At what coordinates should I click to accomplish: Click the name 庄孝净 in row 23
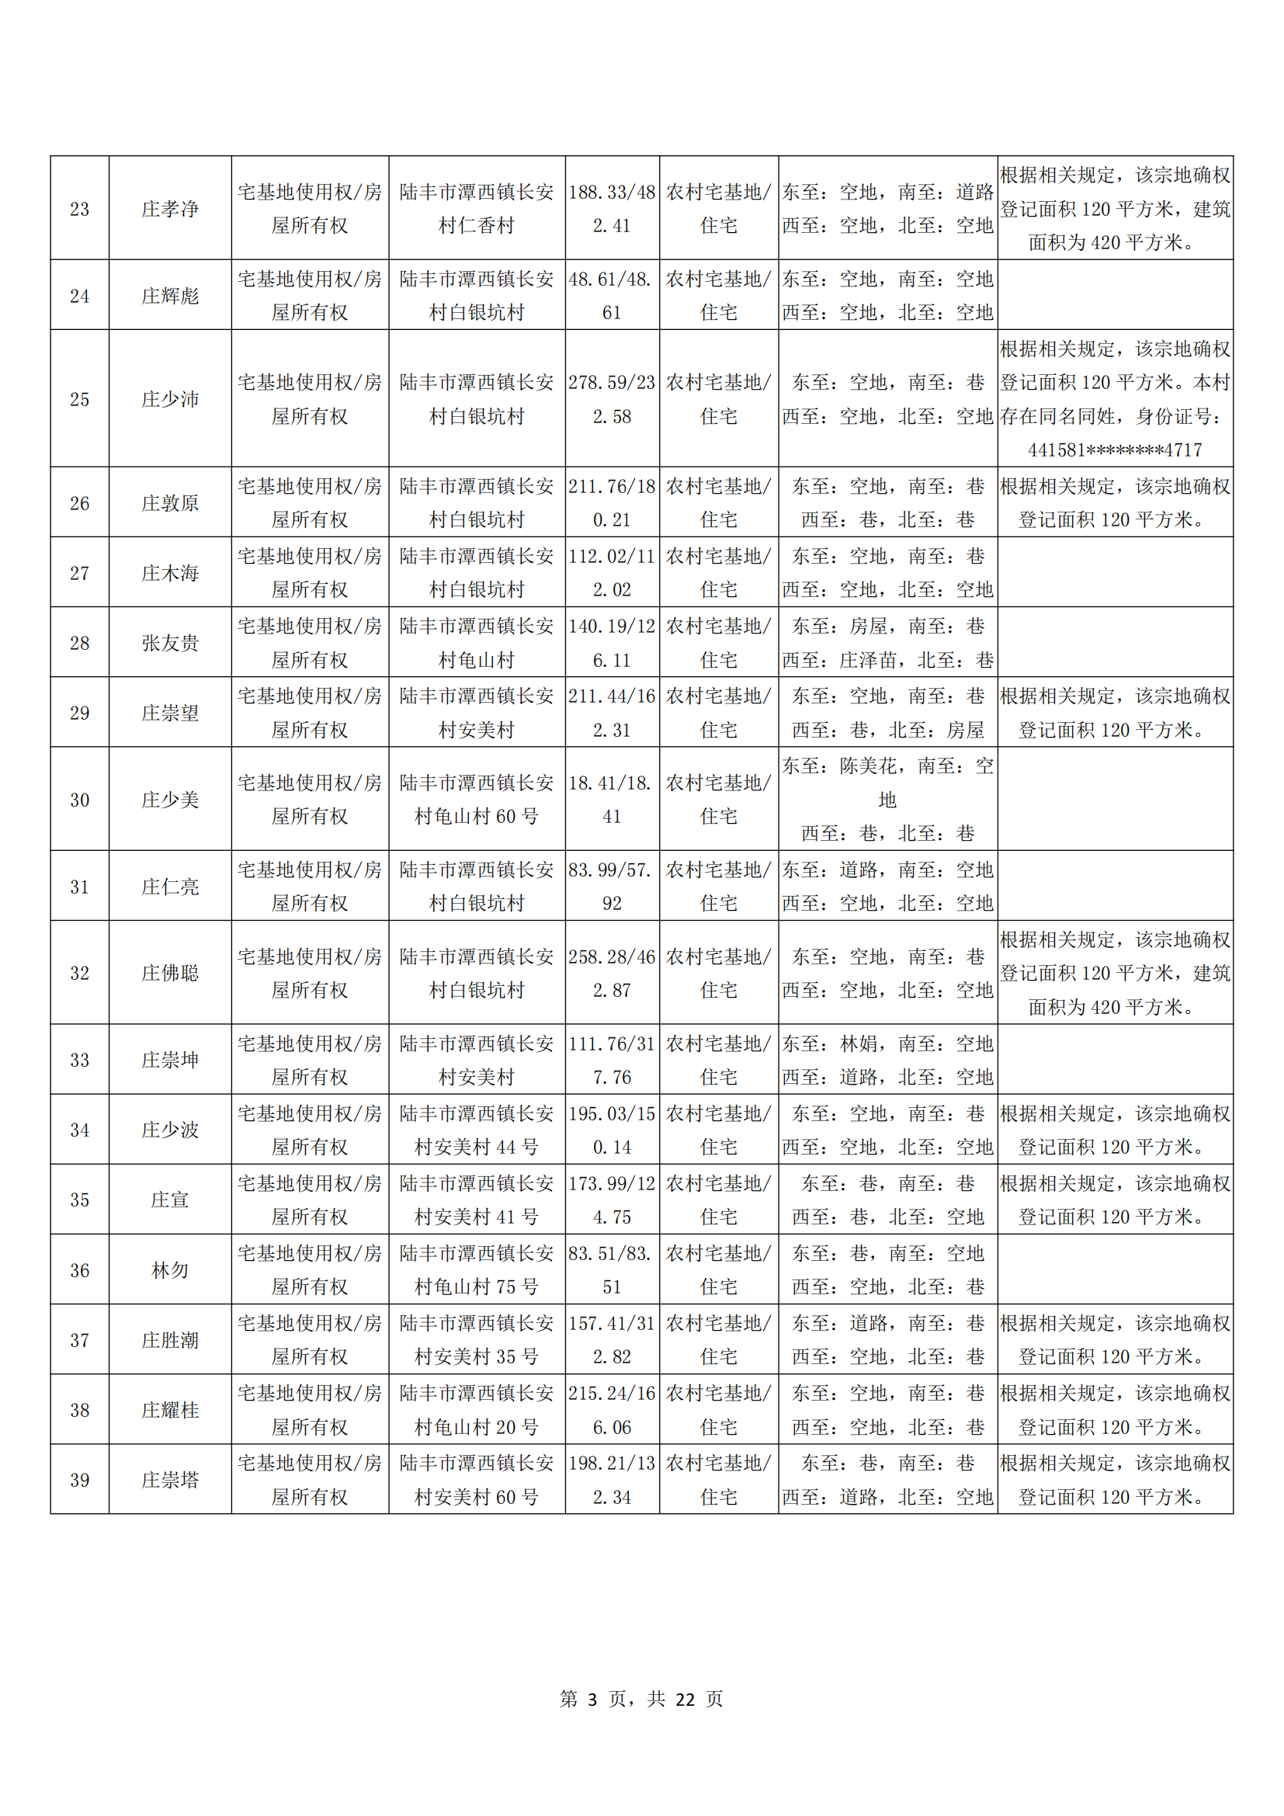[170, 209]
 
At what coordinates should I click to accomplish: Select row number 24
[79, 296]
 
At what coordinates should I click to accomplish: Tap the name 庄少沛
[170, 399]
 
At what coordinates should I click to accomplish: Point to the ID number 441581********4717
[1115, 450]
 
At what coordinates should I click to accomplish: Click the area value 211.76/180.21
[612, 503]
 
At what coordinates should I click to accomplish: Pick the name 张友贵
[170, 643]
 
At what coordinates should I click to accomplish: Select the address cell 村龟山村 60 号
[476, 816]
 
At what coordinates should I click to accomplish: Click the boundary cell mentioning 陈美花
[887, 799]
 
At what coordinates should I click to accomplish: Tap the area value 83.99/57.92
[612, 887]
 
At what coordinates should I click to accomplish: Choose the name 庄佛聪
[170, 973]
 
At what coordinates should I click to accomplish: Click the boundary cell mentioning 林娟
[887, 1060]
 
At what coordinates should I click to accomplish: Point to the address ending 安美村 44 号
[476, 1147]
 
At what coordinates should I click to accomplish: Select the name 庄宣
[170, 1200]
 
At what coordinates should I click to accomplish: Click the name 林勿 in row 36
[170, 1270]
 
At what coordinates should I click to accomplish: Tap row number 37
[79, 1340]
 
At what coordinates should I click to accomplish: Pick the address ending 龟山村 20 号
[476, 1427]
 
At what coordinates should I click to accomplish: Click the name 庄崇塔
[170, 1480]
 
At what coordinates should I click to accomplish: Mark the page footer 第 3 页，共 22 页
[641, 1699]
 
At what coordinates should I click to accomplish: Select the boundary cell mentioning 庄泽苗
[887, 660]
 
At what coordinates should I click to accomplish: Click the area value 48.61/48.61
[612, 296]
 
